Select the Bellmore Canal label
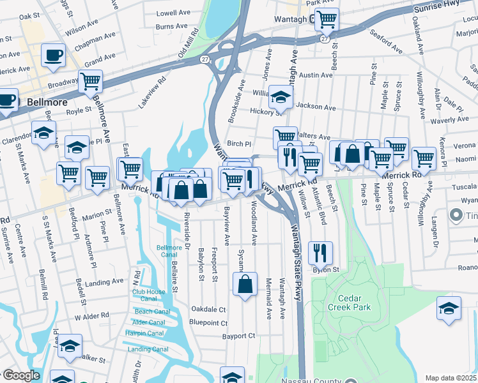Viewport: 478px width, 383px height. click(169, 251)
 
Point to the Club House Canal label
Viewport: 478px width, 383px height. click(149, 295)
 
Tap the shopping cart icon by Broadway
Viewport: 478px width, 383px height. click(91, 81)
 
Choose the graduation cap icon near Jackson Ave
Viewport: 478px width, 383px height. click(280, 97)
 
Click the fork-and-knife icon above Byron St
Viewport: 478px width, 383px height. click(320, 252)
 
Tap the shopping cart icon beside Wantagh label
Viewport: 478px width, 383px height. click(327, 19)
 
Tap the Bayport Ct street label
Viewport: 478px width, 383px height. click(238, 335)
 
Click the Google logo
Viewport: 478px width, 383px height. click(21, 375)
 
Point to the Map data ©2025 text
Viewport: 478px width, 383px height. click(450, 378)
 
